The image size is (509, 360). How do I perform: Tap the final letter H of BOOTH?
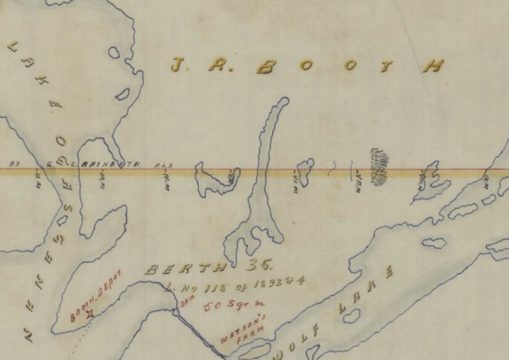[433, 67]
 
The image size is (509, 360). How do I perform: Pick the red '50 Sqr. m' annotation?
[227, 305]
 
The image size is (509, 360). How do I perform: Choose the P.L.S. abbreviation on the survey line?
[165, 165]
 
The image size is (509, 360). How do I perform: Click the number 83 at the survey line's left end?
[13, 165]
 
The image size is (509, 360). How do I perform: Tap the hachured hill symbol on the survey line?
[379, 161]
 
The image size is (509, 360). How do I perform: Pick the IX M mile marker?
[420, 182]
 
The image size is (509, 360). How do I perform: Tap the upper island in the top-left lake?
[115, 54]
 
